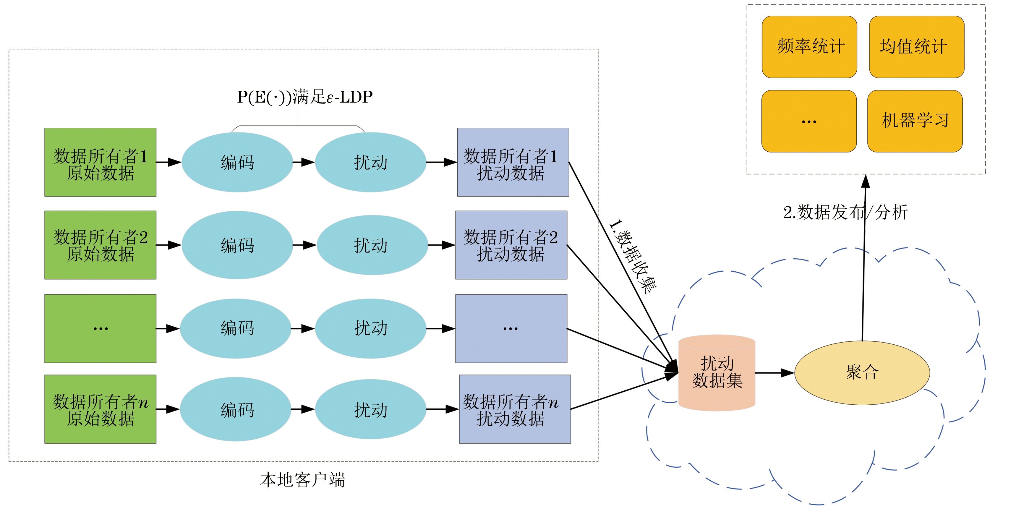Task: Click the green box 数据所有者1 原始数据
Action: (100, 162)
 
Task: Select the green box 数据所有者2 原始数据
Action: (100, 245)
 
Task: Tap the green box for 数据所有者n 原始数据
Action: (100, 409)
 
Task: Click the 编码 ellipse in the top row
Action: (237, 162)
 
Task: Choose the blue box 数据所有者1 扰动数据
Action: (513, 162)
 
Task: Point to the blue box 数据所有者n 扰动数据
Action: (515, 409)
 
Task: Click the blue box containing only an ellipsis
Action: (511, 328)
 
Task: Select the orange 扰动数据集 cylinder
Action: (717, 372)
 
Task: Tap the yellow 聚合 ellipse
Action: (862, 372)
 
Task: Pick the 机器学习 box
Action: (915, 121)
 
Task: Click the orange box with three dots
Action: (809, 121)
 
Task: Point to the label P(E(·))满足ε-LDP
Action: (304, 97)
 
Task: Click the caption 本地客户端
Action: (302, 480)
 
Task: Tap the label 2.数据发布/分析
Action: (845, 213)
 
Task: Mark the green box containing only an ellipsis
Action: (100, 328)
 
